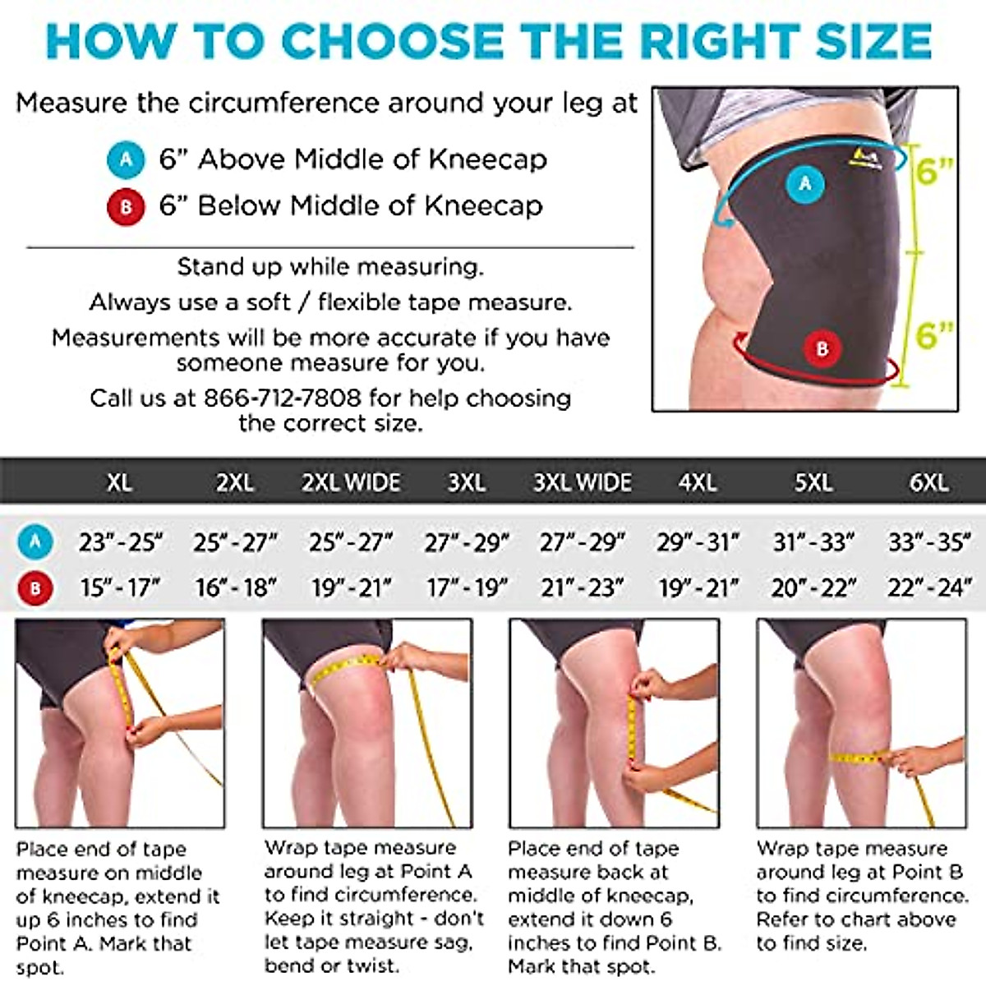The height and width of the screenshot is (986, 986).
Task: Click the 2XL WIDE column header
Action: [x=351, y=482]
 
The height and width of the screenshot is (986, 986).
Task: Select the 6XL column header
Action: [x=928, y=482]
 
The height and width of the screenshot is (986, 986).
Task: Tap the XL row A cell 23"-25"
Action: [x=120, y=542]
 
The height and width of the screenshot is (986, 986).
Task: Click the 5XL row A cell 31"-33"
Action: [x=813, y=542]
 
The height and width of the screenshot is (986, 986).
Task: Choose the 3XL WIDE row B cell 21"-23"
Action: [x=582, y=588]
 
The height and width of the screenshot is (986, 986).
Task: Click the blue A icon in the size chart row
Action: [x=35, y=542]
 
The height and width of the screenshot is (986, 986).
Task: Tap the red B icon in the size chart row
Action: [x=35, y=588]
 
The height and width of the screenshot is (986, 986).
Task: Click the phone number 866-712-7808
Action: [x=282, y=399]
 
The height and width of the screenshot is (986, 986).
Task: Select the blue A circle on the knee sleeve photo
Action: [x=805, y=183]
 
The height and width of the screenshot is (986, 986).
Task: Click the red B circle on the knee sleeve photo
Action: [x=822, y=348]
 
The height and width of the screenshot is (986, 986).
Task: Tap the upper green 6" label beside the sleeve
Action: [x=933, y=172]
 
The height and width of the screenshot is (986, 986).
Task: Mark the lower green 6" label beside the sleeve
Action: [x=933, y=334]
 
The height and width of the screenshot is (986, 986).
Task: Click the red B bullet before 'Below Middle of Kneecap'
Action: [x=126, y=206]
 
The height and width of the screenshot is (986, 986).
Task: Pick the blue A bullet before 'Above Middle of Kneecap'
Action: [x=126, y=159]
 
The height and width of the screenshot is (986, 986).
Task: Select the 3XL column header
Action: [x=466, y=482]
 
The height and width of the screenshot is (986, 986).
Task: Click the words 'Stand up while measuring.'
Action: [x=330, y=267]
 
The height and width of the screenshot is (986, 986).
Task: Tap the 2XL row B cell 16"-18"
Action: [x=236, y=588]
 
